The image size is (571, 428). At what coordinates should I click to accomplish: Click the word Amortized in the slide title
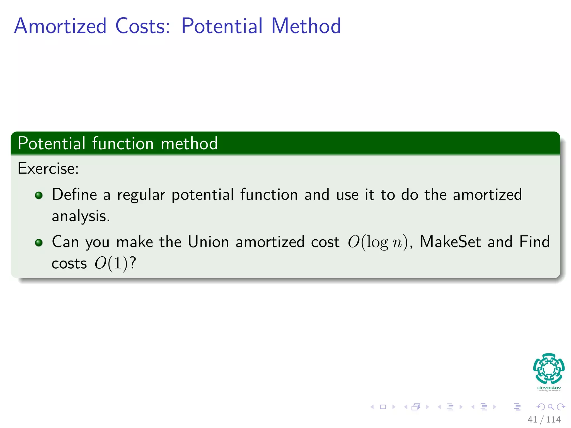60,26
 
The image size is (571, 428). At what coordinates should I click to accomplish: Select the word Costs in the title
142,26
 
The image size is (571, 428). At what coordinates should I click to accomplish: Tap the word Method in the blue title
306,26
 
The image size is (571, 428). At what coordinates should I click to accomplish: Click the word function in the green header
123,144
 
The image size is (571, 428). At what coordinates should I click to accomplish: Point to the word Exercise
48,169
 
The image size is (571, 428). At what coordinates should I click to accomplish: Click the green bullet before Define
39,195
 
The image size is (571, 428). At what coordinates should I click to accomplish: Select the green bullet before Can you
39,242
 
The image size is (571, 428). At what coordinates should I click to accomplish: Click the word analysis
81,216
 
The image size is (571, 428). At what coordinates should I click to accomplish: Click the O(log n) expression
378,242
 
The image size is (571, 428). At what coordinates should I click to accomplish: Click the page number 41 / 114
544,419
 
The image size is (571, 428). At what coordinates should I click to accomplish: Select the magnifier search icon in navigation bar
551,407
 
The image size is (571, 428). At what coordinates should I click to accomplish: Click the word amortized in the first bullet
487,194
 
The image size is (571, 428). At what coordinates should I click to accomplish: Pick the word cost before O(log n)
325,242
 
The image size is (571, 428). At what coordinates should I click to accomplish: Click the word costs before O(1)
69,263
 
